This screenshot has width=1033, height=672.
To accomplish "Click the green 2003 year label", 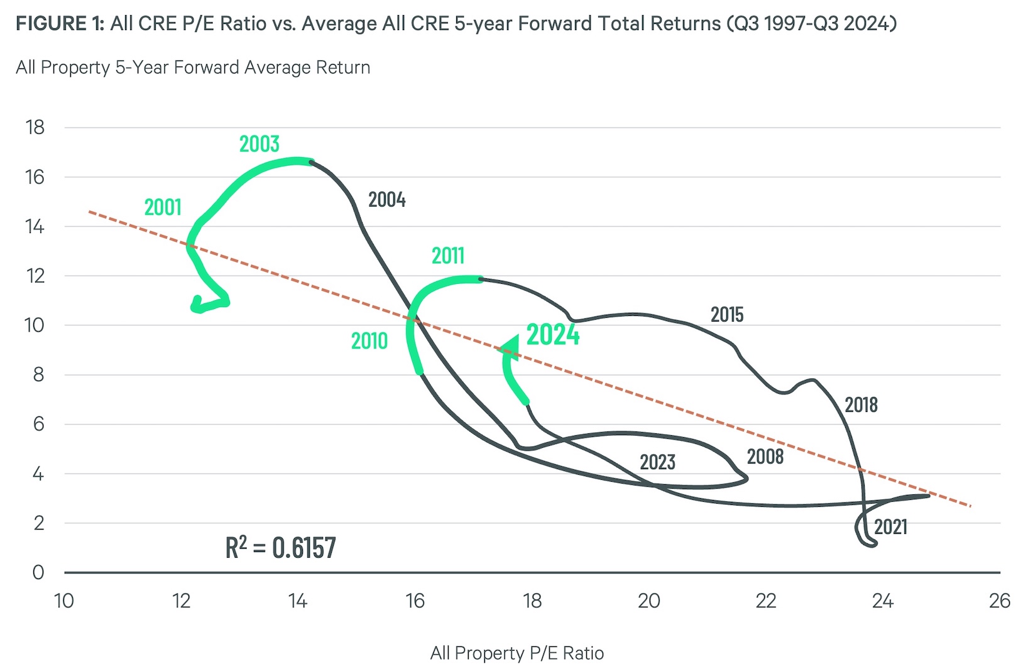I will point(259,144).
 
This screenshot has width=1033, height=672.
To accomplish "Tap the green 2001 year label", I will point(163,207).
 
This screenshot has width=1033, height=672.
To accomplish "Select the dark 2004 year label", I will point(386,200).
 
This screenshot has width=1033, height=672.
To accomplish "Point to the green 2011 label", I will point(447,256).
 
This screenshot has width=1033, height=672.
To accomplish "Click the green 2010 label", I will point(369,341).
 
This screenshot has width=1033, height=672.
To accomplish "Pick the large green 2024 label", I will point(552,335).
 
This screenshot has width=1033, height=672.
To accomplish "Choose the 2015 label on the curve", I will point(726,315).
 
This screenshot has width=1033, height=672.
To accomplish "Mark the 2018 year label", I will point(860,405).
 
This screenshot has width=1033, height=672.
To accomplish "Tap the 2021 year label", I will point(890,527).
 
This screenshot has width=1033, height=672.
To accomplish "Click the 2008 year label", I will point(765,457).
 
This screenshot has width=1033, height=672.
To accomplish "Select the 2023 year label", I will point(657,462).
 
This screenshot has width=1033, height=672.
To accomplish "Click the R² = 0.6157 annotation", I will point(280,548).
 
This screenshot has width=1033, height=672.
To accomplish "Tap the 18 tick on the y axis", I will point(35,127).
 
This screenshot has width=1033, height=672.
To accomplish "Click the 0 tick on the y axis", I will point(38,572).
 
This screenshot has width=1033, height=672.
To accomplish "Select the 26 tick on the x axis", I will point(999,601).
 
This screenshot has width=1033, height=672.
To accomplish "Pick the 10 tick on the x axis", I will point(64,601).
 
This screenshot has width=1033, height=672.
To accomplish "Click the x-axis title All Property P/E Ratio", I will point(516,653).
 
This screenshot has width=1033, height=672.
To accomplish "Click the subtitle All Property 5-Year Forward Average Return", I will point(193,67).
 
